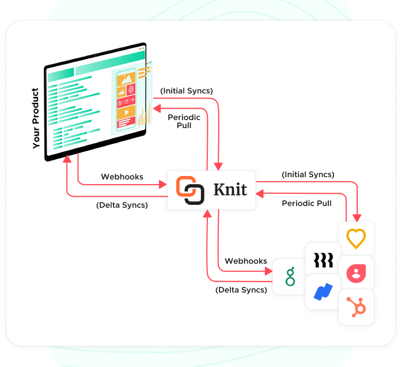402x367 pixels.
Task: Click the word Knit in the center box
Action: click(230, 190)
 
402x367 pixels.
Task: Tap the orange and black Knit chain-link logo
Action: click(190, 190)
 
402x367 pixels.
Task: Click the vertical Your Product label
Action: click(36, 118)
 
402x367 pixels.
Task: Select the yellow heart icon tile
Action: click(356, 238)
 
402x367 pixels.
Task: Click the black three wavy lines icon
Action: click(323, 260)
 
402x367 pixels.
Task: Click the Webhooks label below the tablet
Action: click(122, 177)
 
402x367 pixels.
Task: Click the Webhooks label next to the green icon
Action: click(246, 261)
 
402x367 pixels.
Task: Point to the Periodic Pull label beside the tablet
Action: click(184, 121)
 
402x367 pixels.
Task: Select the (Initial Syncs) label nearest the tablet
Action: click(187, 91)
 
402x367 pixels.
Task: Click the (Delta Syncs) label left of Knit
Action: click(122, 204)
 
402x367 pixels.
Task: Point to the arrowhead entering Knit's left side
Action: click(163, 185)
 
